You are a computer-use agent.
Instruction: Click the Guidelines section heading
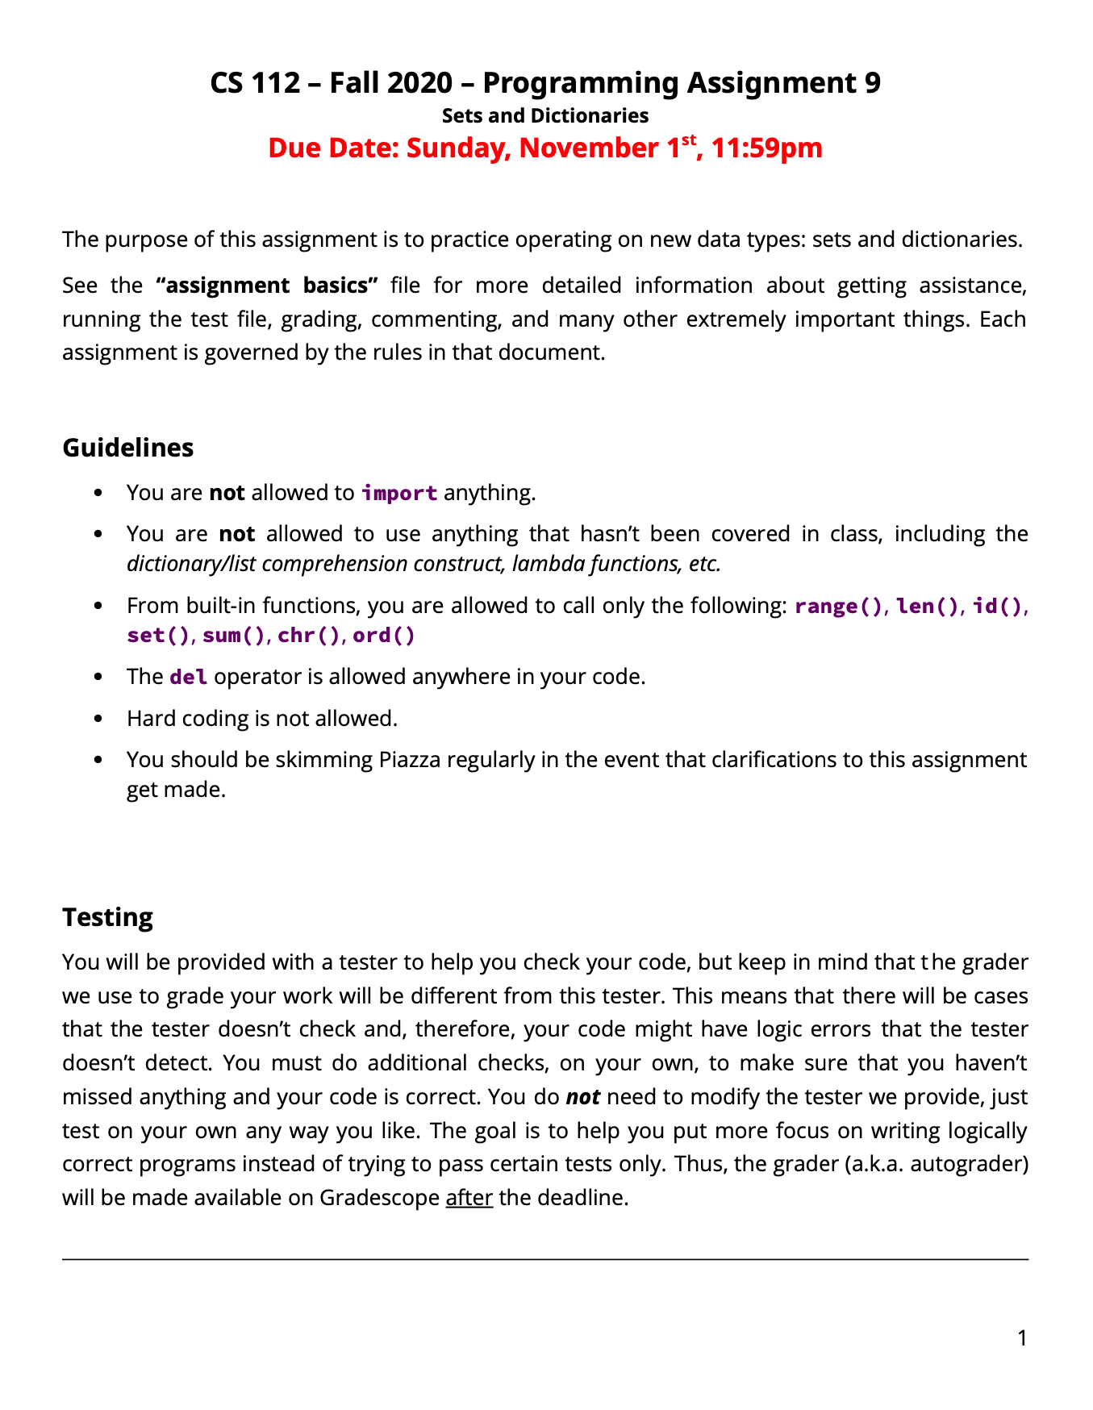127,448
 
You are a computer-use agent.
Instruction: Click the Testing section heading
107,917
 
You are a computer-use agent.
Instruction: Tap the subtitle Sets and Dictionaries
545,115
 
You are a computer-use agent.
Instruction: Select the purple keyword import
399,493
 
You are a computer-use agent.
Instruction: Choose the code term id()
998,606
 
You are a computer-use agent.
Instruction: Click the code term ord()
384,636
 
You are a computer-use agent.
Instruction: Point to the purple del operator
188,677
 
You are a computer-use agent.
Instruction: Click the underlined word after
469,1198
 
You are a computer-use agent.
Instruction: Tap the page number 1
1022,1339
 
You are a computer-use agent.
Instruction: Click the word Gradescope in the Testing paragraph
379,1198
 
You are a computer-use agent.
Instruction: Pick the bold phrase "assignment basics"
266,286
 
